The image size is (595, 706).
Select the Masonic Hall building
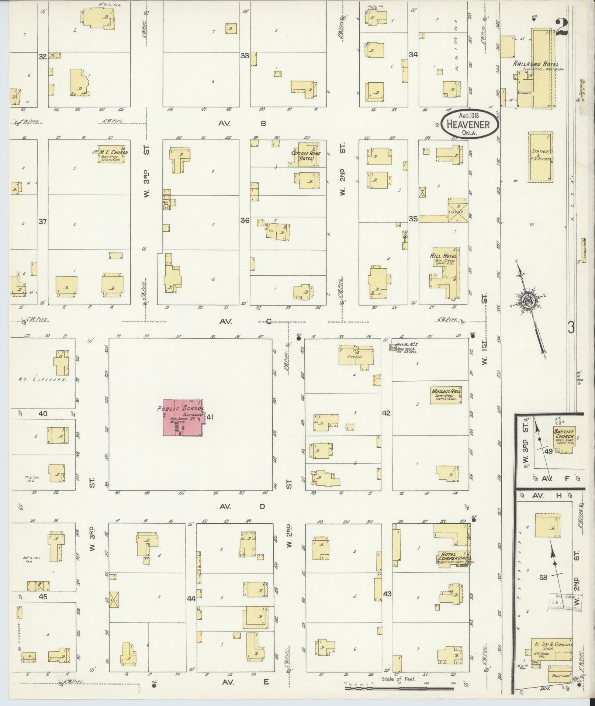click(x=446, y=395)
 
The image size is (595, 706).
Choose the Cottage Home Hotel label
click(x=306, y=156)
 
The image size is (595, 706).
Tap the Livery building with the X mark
click(x=457, y=210)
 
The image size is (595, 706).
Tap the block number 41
click(x=210, y=417)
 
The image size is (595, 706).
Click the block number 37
click(x=43, y=221)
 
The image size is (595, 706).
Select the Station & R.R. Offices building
click(x=540, y=157)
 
